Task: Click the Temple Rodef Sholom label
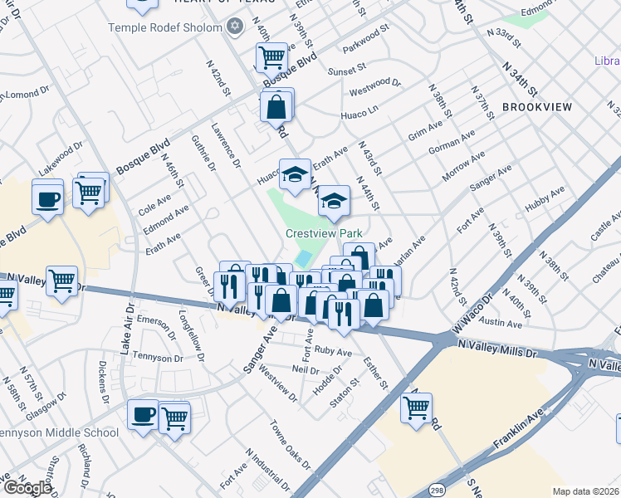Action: click(x=165, y=27)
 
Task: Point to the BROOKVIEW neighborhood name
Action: click(x=537, y=108)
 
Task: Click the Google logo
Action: click(x=27, y=488)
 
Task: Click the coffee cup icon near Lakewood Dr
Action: click(x=48, y=198)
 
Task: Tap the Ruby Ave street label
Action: click(x=333, y=351)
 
